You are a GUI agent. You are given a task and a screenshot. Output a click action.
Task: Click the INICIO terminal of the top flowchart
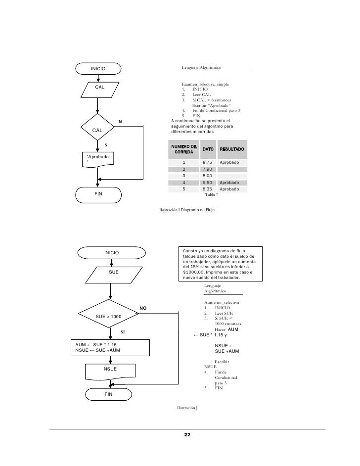98,68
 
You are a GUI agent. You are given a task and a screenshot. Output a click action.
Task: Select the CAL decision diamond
98,130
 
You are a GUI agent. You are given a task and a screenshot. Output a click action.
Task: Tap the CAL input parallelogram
99,88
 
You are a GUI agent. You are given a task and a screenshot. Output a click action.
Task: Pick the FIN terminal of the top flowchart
98,193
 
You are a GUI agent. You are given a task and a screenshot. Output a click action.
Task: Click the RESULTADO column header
232,149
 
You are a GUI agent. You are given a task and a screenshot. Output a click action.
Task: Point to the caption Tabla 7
211,195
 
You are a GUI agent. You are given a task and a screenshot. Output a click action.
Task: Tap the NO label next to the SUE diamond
143,309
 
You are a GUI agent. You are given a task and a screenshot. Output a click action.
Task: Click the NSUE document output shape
110,369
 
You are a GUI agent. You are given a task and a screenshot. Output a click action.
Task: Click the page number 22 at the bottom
187,434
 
